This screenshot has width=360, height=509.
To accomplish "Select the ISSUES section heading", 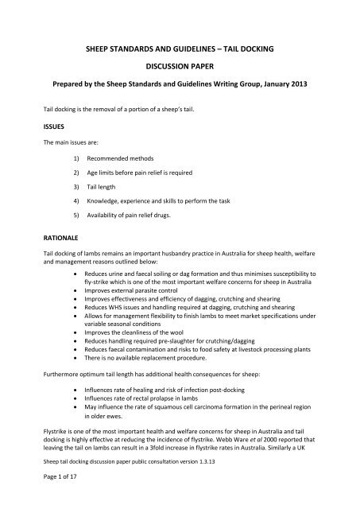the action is (x=38, y=126).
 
